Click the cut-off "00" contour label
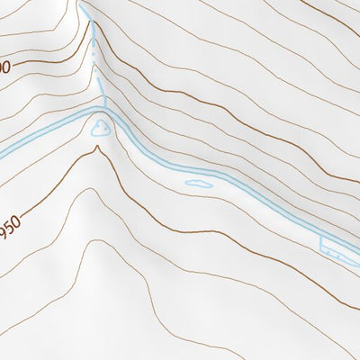[4, 67]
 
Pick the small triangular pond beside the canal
[100, 129]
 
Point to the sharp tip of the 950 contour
[96, 148]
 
